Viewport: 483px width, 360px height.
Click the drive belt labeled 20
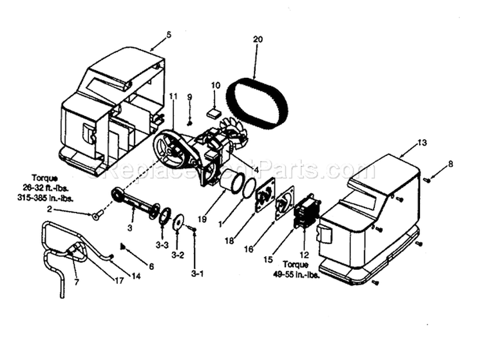click(258, 102)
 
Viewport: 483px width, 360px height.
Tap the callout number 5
click(169, 34)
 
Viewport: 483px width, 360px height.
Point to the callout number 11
click(173, 96)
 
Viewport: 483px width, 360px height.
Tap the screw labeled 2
click(96, 216)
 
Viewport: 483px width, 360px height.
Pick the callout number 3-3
click(162, 245)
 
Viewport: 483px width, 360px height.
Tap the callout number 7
click(76, 282)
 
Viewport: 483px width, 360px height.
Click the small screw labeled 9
click(190, 122)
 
